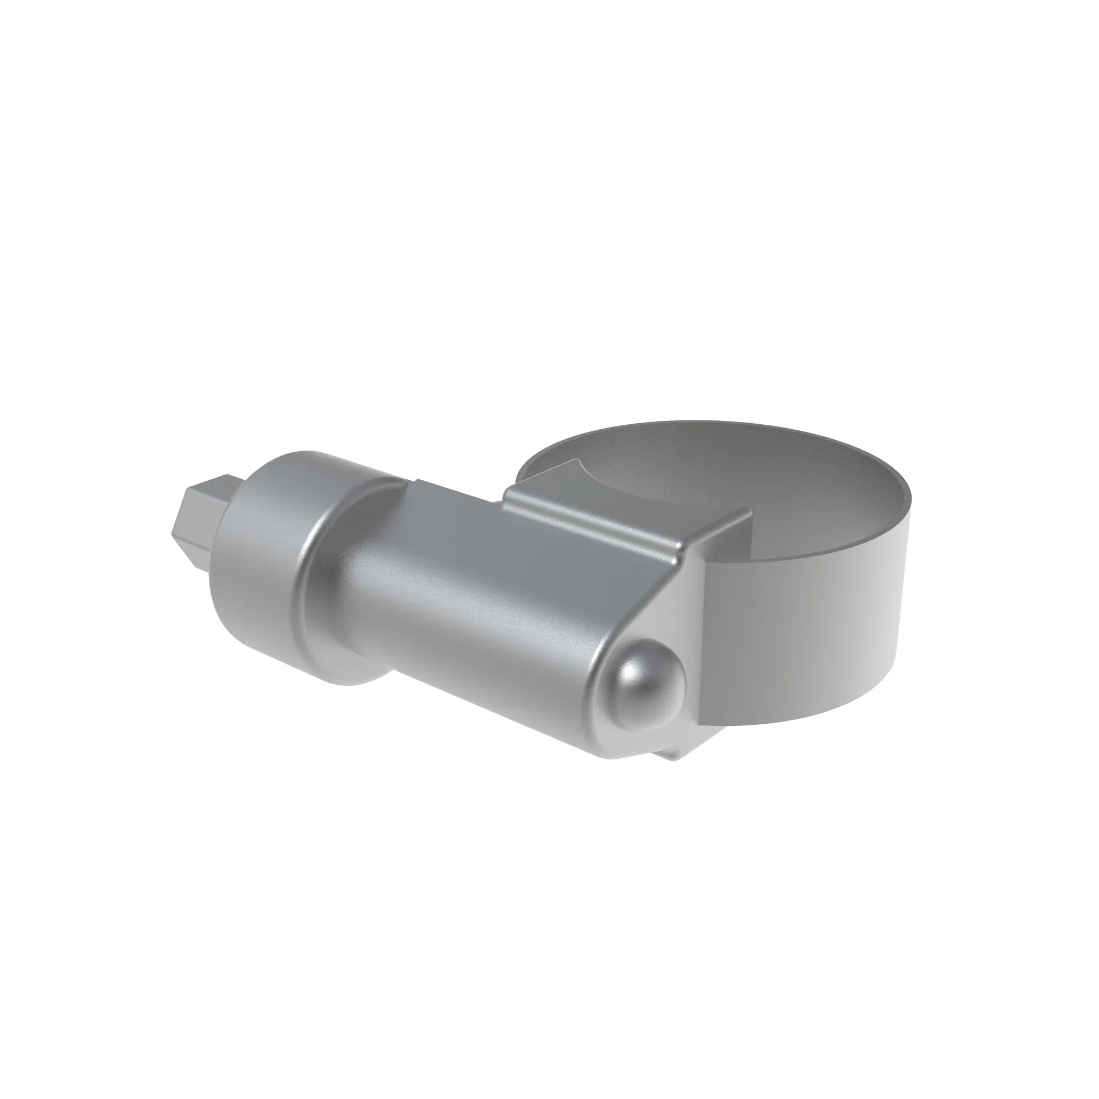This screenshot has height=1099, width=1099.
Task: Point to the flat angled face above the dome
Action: pos(682,603)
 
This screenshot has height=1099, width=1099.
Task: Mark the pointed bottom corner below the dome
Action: pos(677,757)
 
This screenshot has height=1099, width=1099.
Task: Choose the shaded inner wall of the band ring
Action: pos(740,461)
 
